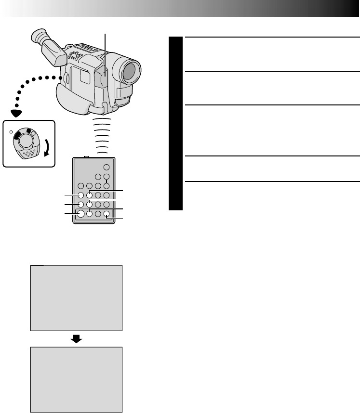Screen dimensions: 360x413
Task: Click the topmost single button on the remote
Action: coord(107,168)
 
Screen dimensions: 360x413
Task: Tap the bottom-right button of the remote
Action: coord(106,214)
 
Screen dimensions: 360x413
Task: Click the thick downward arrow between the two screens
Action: coord(76,339)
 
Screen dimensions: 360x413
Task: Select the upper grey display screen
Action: coord(76,297)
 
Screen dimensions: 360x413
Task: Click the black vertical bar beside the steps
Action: coord(176,124)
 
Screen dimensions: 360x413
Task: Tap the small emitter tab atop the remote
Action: coord(86,156)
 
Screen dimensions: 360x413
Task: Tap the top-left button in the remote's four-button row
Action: coord(81,186)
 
